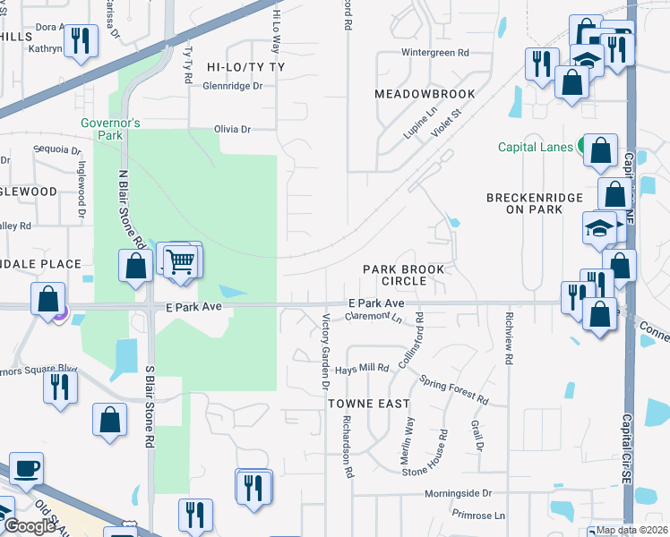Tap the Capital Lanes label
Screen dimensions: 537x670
pos(536,147)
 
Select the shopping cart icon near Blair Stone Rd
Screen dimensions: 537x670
pos(181,261)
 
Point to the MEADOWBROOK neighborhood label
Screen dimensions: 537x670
pos(417,93)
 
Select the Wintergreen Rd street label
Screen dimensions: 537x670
pos(435,54)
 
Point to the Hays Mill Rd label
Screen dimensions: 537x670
pos(362,368)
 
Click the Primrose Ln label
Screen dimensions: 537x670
pos(478,516)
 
